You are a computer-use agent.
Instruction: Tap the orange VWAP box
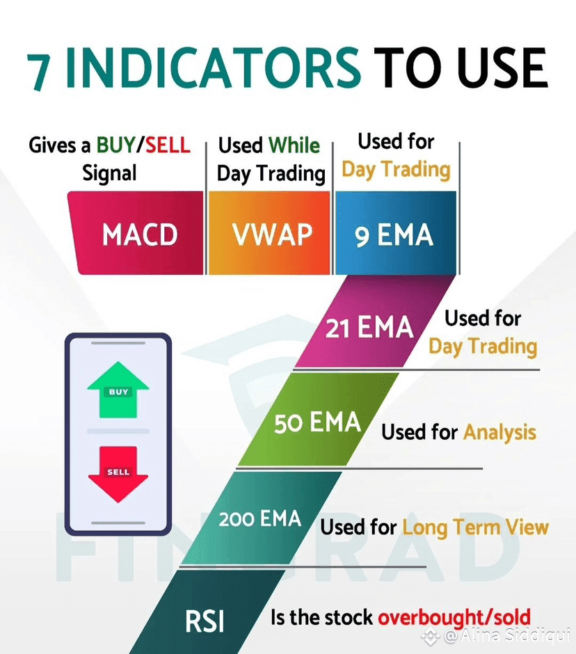point(269,233)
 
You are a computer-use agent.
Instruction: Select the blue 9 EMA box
point(395,233)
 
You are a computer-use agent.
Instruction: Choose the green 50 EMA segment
point(318,419)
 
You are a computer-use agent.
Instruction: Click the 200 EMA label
point(260,519)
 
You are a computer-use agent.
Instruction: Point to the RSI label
point(205,621)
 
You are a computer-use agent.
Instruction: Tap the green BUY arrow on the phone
point(118,390)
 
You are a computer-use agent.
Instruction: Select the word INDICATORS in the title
point(213,68)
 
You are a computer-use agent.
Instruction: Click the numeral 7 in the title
point(40,72)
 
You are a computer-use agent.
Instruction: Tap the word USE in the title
point(502,67)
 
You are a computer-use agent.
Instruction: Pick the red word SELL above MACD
point(168,145)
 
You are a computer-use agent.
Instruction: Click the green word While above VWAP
point(294,145)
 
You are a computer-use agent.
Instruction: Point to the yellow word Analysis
point(499,432)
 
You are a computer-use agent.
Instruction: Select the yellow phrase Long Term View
point(476,527)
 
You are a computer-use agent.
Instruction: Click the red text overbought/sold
point(454,618)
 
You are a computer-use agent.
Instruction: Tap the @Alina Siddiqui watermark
point(496,635)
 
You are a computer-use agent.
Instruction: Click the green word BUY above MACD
point(116,145)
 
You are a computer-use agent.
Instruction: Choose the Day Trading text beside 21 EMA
point(483,346)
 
